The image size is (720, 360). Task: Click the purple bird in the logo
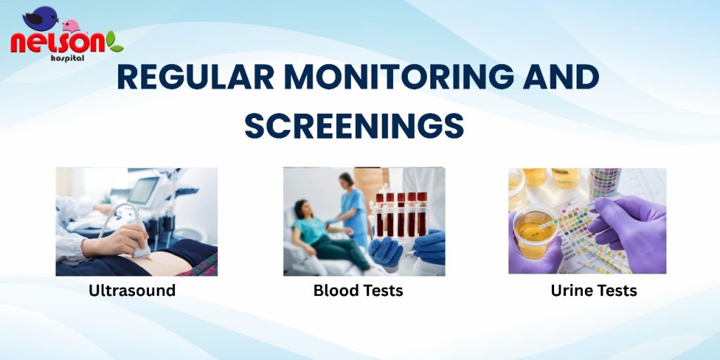tap(41, 18)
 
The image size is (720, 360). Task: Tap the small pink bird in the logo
tap(71, 26)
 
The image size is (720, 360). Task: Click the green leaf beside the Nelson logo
tap(115, 41)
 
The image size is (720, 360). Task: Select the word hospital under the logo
tap(67, 58)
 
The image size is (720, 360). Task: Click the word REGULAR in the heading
tap(195, 77)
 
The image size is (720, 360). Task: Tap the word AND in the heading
tap(562, 77)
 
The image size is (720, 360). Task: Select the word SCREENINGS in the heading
tap(354, 126)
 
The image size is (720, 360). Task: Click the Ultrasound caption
tap(132, 290)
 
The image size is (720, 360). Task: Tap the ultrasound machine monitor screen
tap(143, 190)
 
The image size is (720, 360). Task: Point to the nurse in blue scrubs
tap(353, 209)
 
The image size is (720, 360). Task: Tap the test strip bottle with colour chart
tap(604, 183)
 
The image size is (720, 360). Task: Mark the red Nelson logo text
tap(58, 43)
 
